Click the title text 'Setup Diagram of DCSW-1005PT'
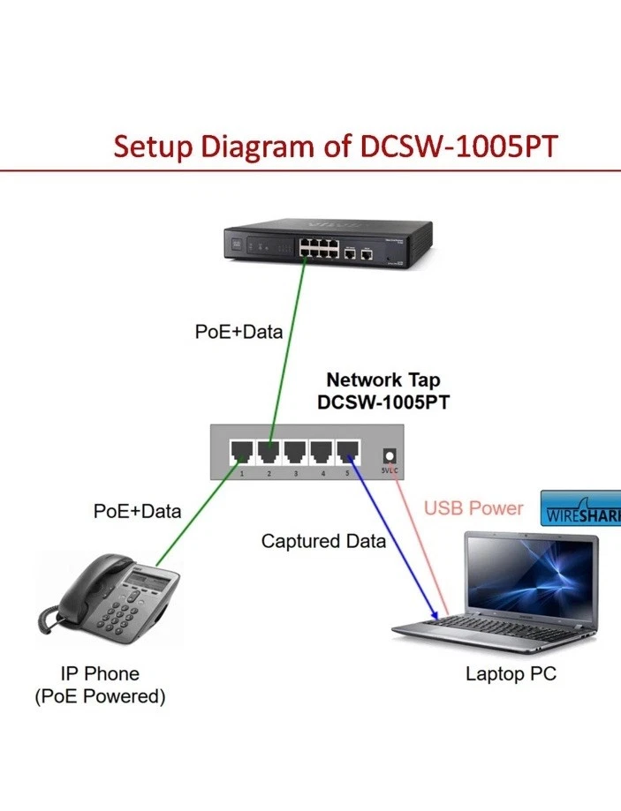pos(335,145)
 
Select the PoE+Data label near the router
pos(239,332)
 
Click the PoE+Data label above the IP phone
pos(137,511)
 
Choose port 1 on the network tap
pos(239,454)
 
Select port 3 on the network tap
pos(294,454)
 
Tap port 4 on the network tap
pos(322,454)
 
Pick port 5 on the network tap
pos(349,454)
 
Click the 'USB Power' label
pos(473,508)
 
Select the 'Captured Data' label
pos(323,541)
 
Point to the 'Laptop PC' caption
pos(511,675)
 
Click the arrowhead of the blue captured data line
pos(435,615)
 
